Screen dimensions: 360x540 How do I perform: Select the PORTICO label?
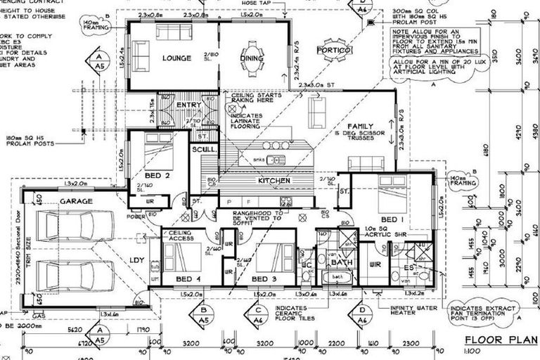(x=333, y=51)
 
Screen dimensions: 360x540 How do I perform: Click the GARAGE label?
(x=77, y=201)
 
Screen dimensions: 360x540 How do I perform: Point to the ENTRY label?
(x=188, y=105)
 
